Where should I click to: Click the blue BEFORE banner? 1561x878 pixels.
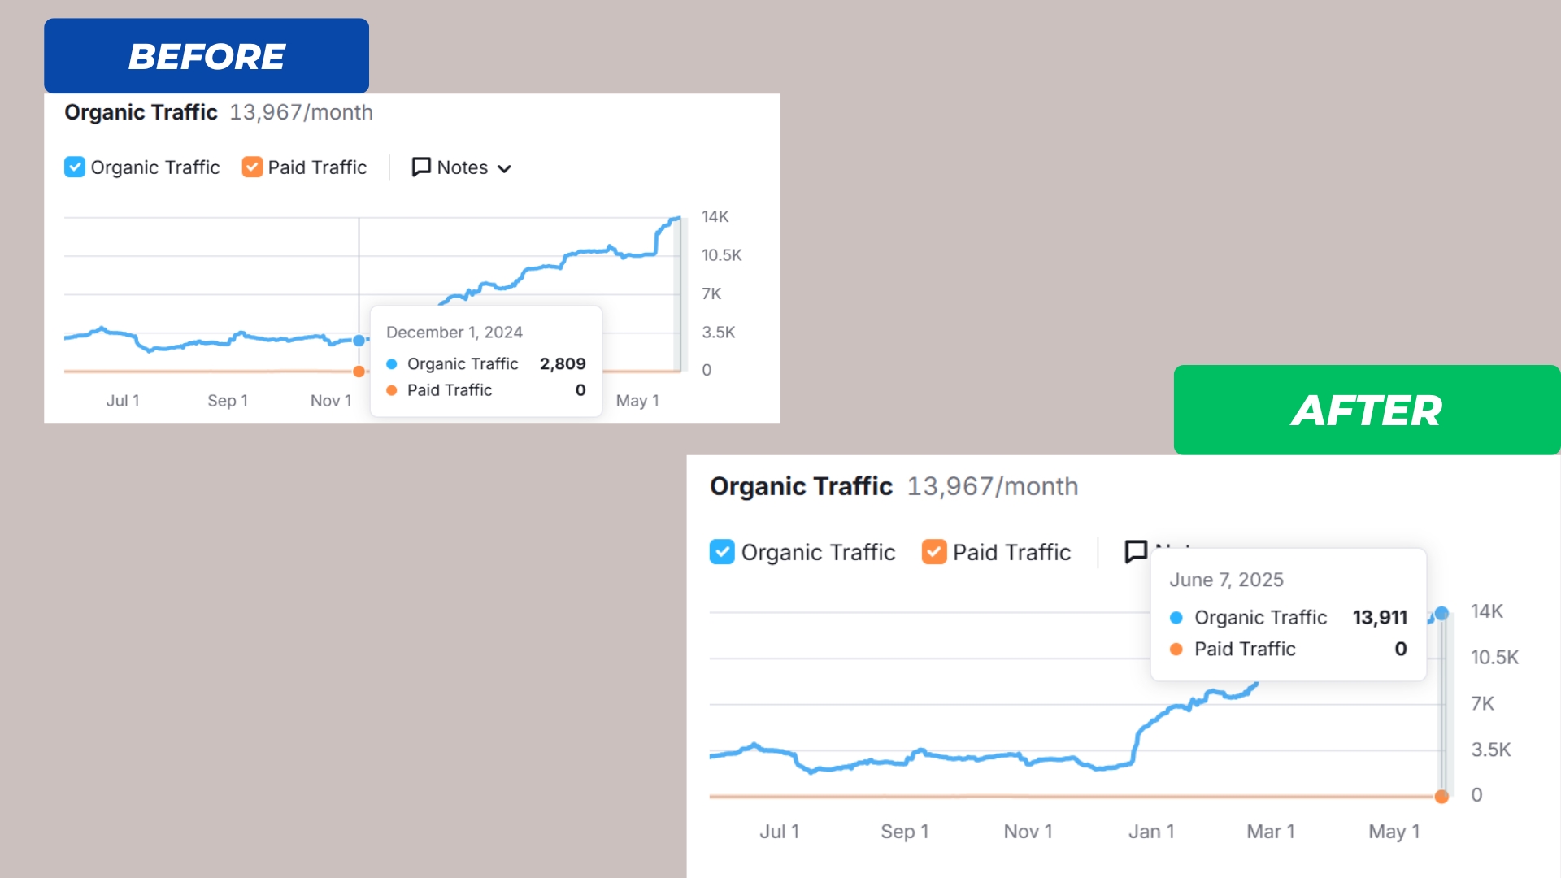[x=207, y=56]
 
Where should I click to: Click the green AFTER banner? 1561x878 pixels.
[x=1366, y=410]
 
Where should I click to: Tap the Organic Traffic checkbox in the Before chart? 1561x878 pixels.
[x=75, y=167]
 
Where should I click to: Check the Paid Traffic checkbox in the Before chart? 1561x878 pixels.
[x=252, y=167]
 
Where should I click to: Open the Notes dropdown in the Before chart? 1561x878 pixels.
[x=462, y=167]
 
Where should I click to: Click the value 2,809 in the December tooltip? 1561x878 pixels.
[x=563, y=363]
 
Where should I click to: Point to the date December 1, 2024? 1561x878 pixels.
[x=454, y=333]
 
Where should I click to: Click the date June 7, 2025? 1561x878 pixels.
[x=1226, y=580]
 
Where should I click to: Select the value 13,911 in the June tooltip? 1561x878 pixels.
[x=1380, y=617]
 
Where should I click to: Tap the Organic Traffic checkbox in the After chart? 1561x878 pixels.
[x=722, y=552]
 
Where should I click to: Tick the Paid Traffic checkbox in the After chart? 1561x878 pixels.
[x=934, y=552]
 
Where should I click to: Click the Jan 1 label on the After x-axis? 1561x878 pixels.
[x=1151, y=832]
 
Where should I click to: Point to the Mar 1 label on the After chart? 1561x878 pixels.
[x=1271, y=832]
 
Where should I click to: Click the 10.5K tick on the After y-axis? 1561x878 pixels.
[x=1494, y=657]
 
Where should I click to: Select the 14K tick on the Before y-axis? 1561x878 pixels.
[x=715, y=217]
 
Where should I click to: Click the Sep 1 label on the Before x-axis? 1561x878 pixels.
[x=228, y=401]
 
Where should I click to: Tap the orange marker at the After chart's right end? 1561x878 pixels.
[x=1441, y=797]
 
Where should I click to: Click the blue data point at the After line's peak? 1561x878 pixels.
[x=1441, y=613]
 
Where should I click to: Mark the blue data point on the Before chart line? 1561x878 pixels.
[x=359, y=341]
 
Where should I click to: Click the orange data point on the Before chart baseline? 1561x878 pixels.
[x=359, y=372]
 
